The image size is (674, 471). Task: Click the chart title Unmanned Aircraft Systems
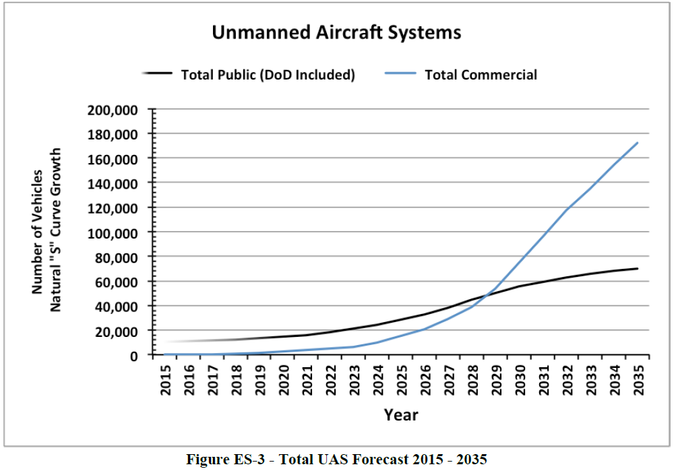(336, 32)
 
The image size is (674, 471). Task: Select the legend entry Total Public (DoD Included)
(268, 75)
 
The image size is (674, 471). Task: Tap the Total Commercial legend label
(481, 75)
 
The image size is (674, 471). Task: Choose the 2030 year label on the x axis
(520, 381)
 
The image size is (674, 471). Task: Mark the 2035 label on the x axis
(638, 381)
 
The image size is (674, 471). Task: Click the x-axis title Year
(401, 414)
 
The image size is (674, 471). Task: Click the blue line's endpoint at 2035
(638, 142)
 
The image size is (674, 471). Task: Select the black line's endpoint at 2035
(638, 268)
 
